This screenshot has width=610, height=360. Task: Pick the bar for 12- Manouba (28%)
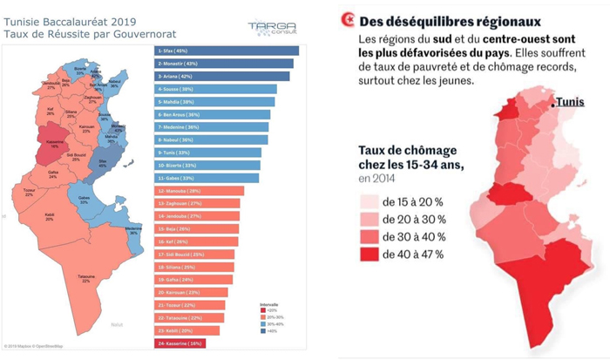pos(196,190)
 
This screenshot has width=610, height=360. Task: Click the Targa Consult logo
pos(271,25)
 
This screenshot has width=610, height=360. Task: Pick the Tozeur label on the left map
pos(29,191)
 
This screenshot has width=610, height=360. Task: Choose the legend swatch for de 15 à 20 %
pos(371,200)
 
